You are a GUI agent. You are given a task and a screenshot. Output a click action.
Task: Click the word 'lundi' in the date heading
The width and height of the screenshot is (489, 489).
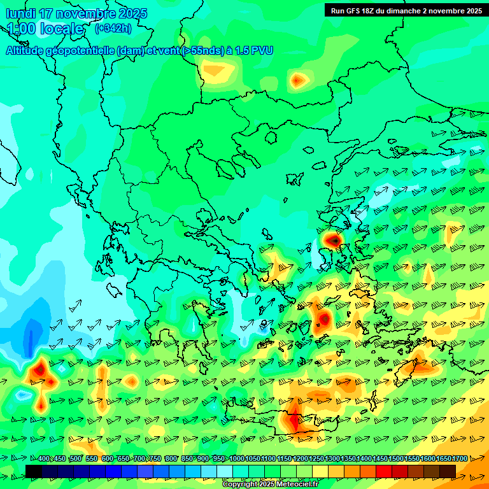[x=21, y=13]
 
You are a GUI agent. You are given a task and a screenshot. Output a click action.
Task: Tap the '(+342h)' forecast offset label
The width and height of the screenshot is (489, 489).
[x=113, y=29]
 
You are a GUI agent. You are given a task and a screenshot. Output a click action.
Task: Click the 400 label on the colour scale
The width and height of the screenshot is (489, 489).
[x=44, y=459]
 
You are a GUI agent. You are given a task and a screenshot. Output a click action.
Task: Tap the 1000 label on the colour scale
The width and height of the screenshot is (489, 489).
[x=237, y=459]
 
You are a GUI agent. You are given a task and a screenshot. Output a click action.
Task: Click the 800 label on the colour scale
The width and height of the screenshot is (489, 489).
[x=171, y=459]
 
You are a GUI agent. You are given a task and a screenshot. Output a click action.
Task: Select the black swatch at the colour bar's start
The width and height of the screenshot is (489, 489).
[x=34, y=471]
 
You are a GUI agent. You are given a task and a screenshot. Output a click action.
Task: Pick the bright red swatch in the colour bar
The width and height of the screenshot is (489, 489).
[x=384, y=471]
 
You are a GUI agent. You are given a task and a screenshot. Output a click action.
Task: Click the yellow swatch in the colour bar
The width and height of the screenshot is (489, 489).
[x=320, y=471]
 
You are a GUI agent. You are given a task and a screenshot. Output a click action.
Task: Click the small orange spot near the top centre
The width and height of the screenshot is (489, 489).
[x=298, y=80]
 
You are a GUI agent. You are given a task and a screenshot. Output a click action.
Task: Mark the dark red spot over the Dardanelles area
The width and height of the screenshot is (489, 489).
[x=332, y=240]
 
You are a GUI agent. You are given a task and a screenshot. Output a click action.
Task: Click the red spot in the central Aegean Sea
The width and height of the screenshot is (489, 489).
[x=323, y=318]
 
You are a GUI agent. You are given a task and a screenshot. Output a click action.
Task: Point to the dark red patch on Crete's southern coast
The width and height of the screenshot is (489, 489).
[x=294, y=420]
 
